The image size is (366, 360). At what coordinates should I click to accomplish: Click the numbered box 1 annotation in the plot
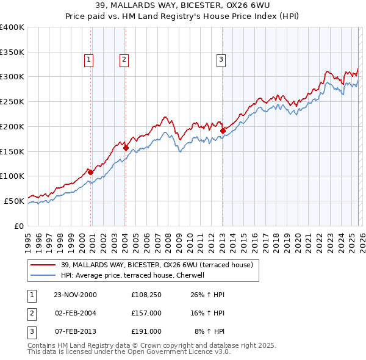[x=89, y=59]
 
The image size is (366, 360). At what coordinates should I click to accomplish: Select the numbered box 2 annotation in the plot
[x=124, y=59]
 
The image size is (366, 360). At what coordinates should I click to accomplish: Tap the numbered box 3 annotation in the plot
[x=220, y=59]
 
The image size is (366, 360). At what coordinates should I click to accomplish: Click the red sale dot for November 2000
[x=91, y=172]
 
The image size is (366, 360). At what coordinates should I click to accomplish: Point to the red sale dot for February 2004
[x=126, y=148]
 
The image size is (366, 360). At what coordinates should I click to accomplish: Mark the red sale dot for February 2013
[x=223, y=130]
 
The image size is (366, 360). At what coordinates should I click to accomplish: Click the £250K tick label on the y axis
[x=12, y=102]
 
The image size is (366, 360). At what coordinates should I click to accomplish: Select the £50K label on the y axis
[x=14, y=201]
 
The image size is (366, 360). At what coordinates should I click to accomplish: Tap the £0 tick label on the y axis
[x=19, y=226]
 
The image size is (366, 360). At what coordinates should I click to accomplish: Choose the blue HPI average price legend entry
[x=135, y=275]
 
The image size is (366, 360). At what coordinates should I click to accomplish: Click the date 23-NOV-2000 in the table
[x=75, y=295]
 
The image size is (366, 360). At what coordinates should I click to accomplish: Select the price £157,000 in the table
[x=146, y=313]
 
